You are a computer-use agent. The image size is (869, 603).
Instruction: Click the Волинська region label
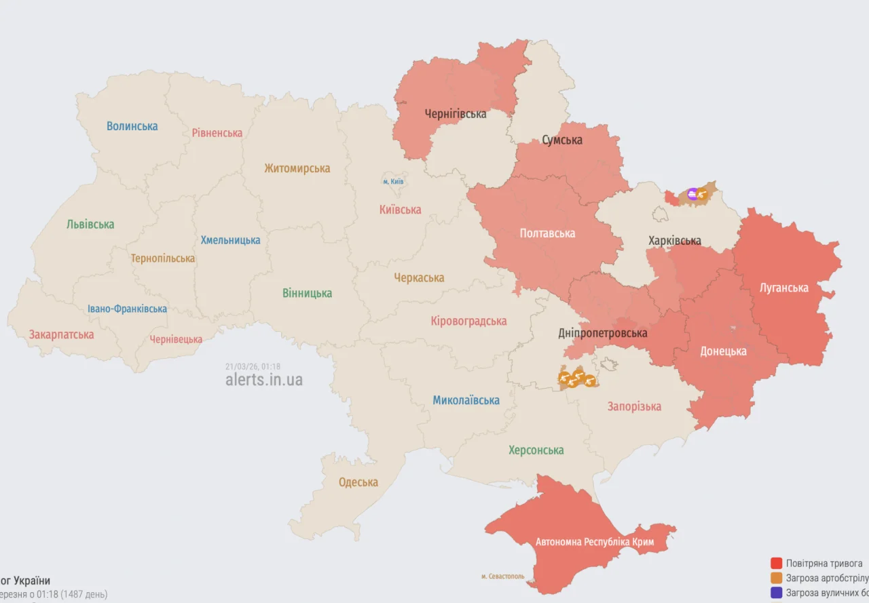coord(132,126)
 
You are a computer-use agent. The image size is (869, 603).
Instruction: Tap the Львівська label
coord(90,225)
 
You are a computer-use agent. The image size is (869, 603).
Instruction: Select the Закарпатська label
coord(61,334)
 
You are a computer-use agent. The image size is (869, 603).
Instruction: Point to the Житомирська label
coord(297,168)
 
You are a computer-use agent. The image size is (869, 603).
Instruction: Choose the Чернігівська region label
coord(456,114)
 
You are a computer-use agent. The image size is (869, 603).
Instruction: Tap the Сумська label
coord(562,140)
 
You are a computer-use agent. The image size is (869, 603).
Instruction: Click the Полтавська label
coord(547,233)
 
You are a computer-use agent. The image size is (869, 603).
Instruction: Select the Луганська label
coord(784,288)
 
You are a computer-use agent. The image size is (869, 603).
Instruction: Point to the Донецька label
coord(723,351)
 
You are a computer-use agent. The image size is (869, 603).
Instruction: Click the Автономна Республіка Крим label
coord(594,542)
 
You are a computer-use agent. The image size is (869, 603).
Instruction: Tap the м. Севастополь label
coord(503,576)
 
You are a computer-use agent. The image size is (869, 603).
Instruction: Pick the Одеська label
coord(358,482)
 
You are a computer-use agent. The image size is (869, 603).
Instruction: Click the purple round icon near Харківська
coord(692,195)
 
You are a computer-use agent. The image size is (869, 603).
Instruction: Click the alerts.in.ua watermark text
coord(264,380)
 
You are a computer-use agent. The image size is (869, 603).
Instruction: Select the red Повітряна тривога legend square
coord(776,563)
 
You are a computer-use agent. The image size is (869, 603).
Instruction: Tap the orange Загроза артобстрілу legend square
coord(776,578)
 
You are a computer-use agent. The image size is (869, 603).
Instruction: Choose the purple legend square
coord(776,593)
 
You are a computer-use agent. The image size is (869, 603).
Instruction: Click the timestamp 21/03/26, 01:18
coord(253,367)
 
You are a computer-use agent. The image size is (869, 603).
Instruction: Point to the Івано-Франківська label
coord(127,309)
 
